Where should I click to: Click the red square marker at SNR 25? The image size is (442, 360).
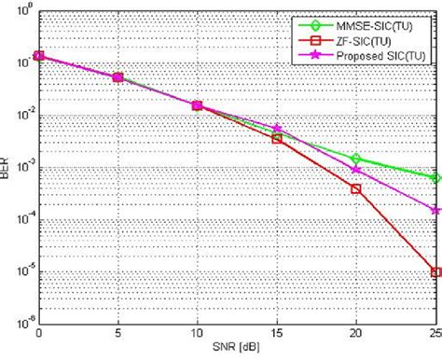(x=435, y=272)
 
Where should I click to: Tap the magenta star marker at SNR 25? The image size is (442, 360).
(x=435, y=210)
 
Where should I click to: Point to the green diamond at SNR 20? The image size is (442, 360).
(x=356, y=159)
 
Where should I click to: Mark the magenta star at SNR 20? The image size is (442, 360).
(x=356, y=169)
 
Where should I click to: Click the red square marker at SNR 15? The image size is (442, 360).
(x=277, y=138)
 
